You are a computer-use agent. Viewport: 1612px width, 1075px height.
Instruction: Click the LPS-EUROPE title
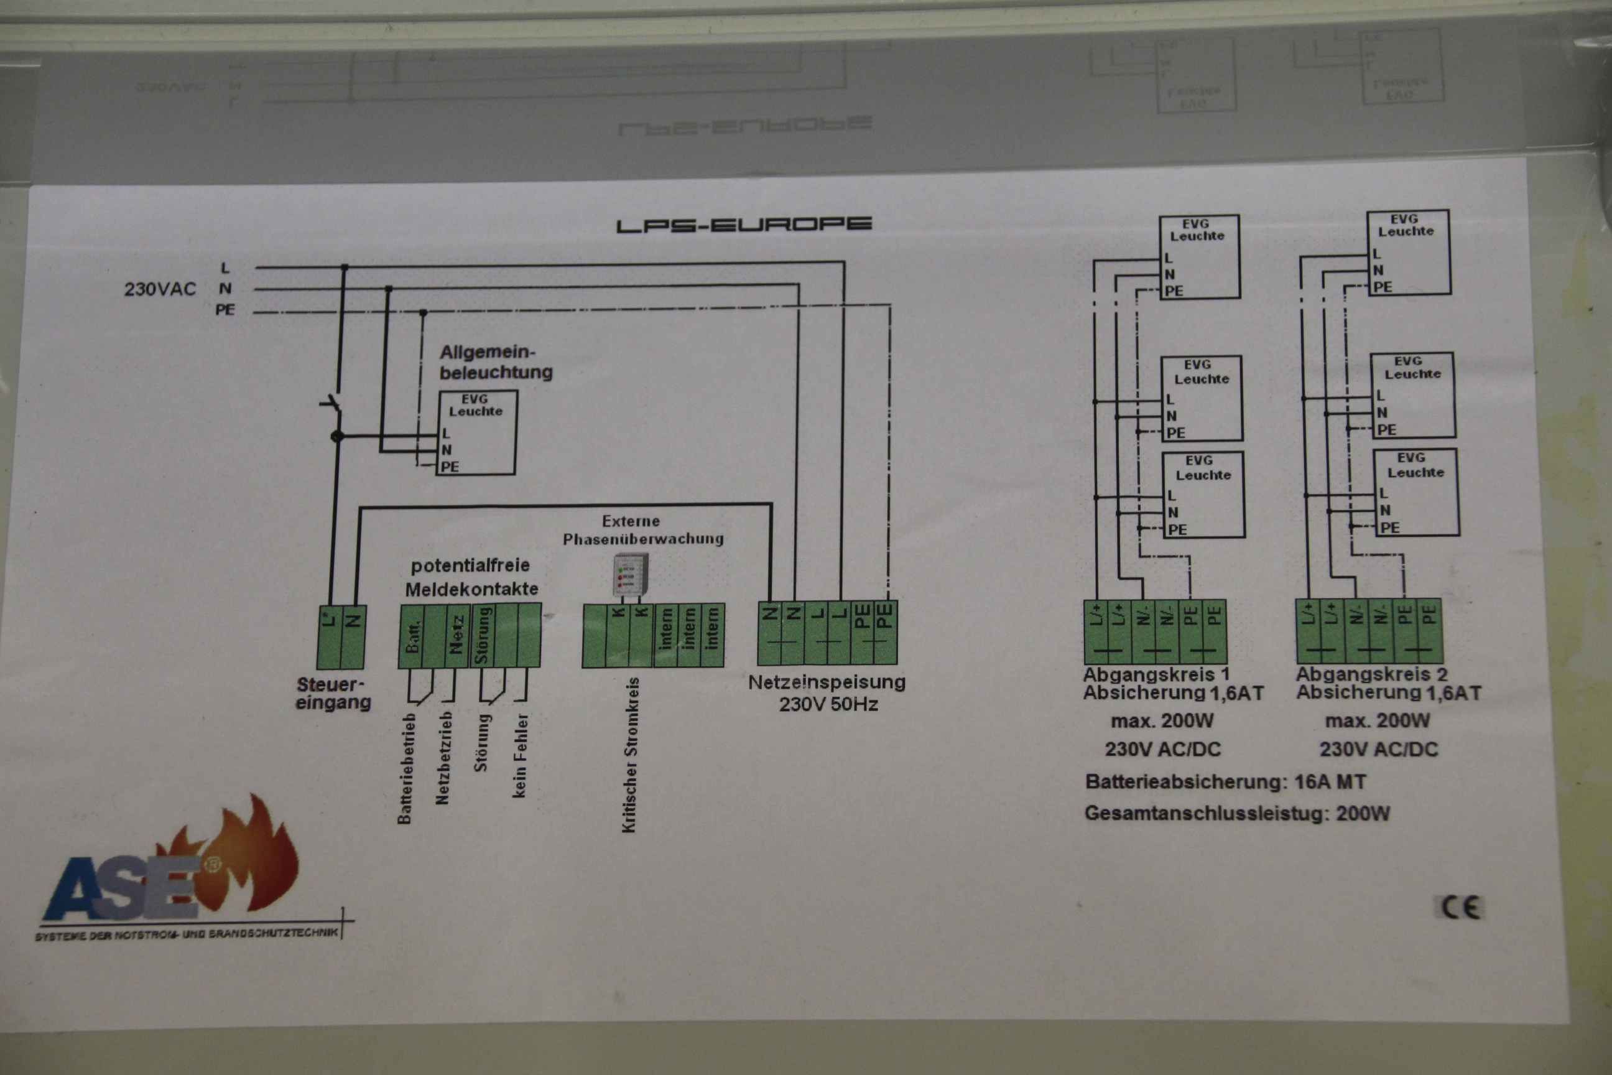744,225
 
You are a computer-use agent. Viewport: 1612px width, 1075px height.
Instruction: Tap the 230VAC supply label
160,289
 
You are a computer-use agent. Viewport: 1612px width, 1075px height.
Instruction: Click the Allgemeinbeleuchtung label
496,362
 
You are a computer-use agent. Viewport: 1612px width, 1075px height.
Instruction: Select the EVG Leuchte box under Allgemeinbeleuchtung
476,432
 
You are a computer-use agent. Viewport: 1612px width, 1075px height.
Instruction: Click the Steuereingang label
333,693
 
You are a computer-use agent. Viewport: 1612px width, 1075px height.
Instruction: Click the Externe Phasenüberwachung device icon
630,575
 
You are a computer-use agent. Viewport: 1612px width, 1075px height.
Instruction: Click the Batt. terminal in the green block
412,636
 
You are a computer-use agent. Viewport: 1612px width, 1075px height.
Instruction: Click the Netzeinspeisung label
827,693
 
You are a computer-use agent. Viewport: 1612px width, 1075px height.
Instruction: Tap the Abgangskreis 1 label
1156,674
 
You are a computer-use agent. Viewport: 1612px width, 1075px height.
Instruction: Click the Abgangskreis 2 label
1371,674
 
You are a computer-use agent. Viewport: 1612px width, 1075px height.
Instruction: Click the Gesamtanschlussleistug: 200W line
1237,814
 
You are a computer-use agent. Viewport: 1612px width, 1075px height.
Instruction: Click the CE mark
1460,908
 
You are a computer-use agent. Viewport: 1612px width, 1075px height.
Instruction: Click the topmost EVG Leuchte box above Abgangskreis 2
1409,253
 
